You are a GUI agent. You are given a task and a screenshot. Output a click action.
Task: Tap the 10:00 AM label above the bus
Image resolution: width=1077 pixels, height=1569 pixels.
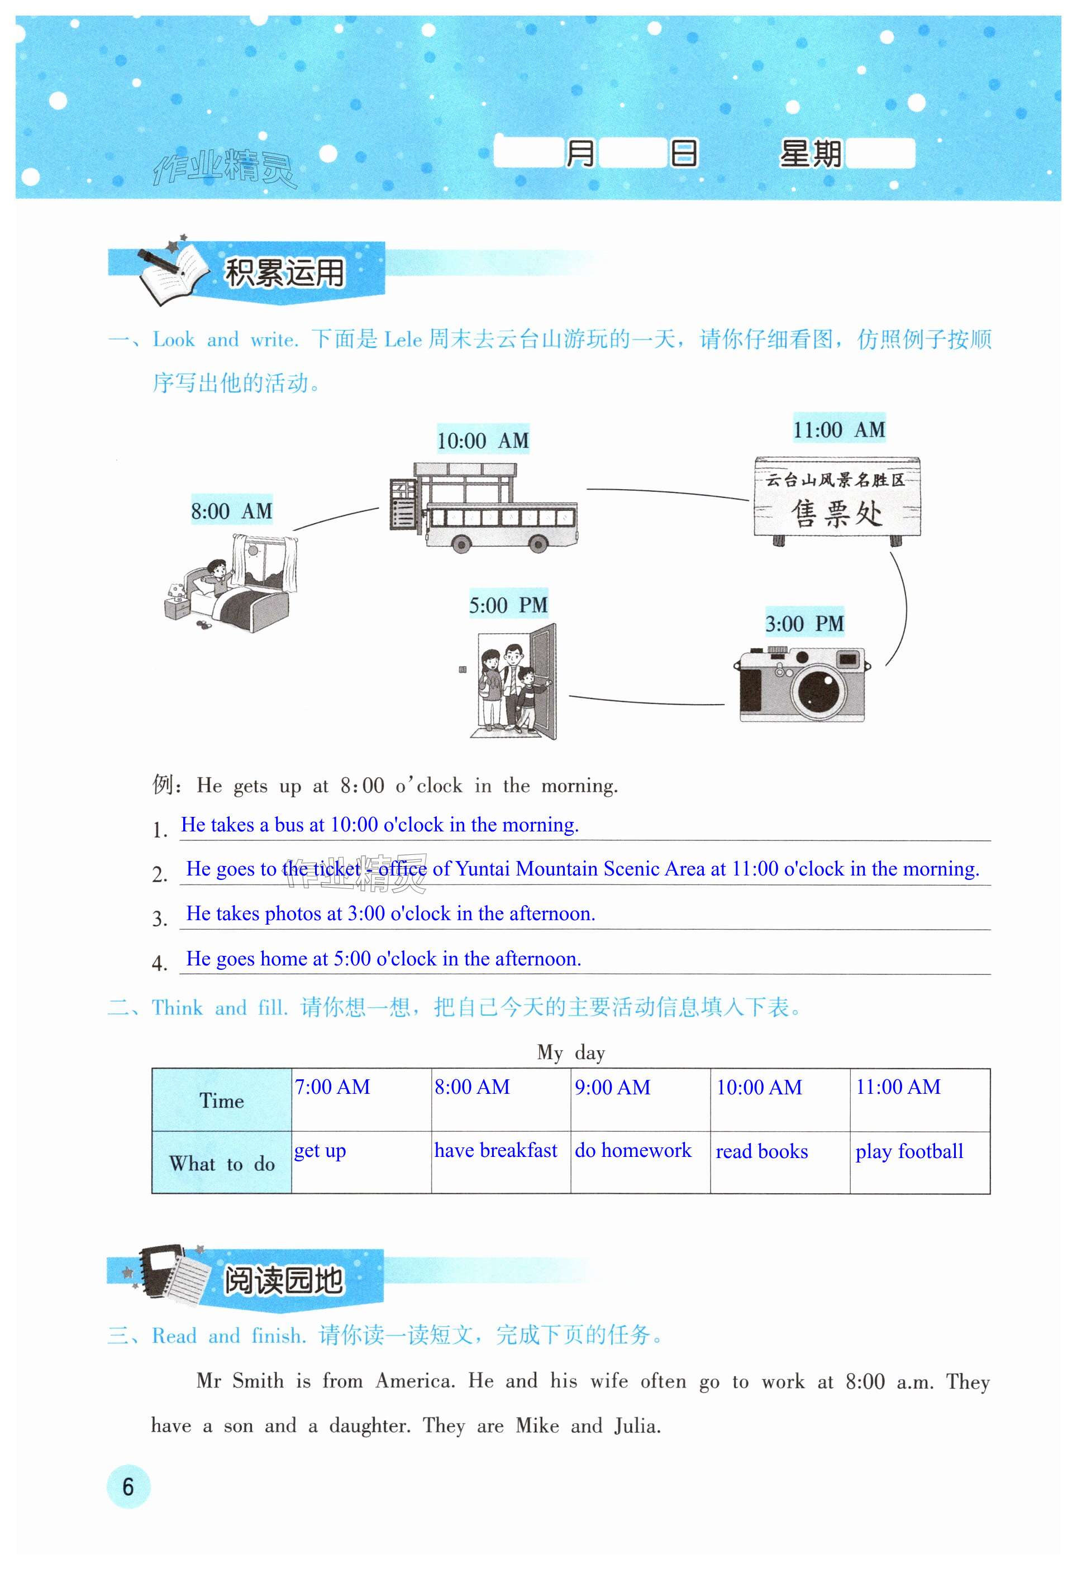click(482, 441)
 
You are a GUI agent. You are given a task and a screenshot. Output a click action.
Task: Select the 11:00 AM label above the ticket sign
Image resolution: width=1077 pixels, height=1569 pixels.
click(838, 429)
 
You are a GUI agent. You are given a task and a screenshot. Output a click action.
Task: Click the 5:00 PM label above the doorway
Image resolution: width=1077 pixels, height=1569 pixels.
click(508, 605)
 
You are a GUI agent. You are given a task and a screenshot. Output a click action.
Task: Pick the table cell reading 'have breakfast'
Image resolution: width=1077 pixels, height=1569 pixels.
click(495, 1150)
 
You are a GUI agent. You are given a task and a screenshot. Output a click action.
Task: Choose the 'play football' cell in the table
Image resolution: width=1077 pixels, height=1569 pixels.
click(909, 1151)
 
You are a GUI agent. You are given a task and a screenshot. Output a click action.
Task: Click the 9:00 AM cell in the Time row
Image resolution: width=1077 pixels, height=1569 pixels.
click(612, 1088)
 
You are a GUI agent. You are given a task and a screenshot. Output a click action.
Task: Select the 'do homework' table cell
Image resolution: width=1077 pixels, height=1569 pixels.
click(633, 1150)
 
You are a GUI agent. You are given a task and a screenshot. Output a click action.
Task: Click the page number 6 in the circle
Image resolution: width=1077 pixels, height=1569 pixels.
click(127, 1486)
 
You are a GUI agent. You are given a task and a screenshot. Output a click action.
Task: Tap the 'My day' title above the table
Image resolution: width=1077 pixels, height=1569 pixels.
click(570, 1053)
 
